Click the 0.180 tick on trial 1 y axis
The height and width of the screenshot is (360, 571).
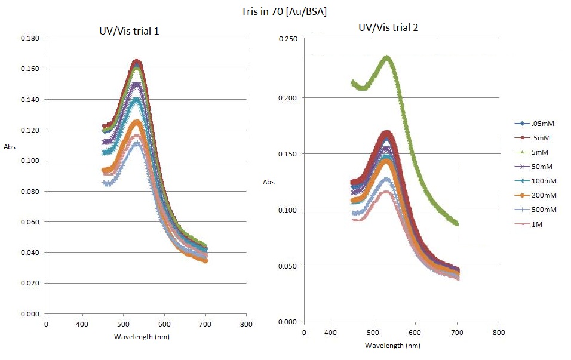[30, 38]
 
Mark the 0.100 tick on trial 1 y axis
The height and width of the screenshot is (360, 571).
[30, 161]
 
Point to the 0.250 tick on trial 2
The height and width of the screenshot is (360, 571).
[288, 39]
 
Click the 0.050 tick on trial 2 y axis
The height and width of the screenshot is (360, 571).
[288, 266]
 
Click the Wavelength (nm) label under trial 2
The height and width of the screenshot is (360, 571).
[392, 346]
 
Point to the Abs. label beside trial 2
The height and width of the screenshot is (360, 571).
[270, 182]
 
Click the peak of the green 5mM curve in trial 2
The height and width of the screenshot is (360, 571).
[387, 57]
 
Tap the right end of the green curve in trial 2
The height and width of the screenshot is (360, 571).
[457, 223]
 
